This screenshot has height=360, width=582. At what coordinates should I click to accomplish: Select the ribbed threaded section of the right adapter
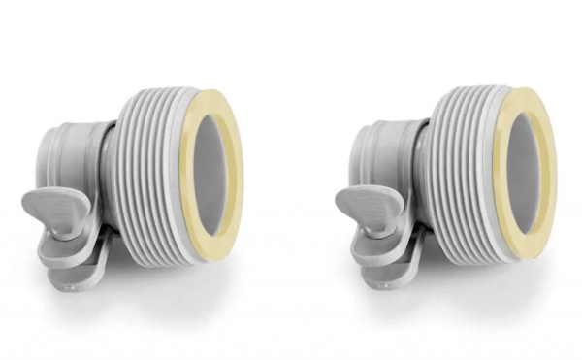464,184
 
